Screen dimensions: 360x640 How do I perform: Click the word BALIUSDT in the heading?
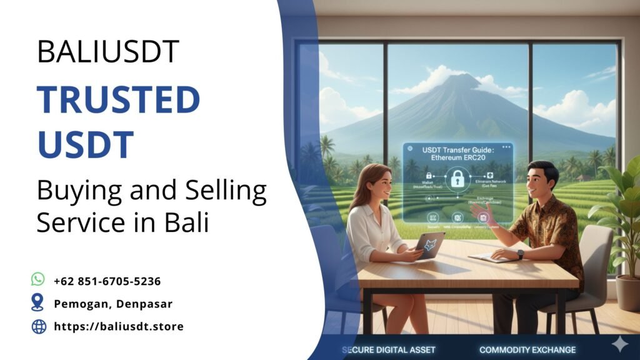coord(108,51)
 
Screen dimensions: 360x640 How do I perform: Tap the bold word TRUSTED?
coord(118,101)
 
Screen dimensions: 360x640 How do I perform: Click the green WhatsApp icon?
coord(39,279)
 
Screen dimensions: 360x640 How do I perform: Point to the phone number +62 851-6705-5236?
coord(107,281)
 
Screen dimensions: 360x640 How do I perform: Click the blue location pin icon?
coord(38,302)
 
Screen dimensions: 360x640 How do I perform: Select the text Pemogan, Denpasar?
coord(113,304)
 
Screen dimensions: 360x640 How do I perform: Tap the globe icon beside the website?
coord(39,326)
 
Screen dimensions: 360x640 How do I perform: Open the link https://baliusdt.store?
coord(119,326)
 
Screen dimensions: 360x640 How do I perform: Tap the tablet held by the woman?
coord(430,246)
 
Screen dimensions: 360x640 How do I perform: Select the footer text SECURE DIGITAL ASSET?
coord(389,349)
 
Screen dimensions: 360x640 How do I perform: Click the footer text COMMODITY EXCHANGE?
coord(527,349)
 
